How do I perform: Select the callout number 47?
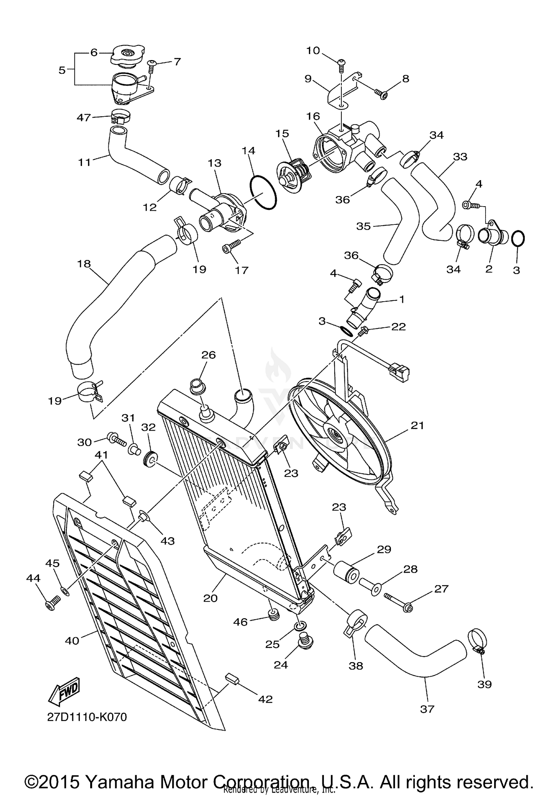coord(83,117)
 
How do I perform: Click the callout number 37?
coord(427,709)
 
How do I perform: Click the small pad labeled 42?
coord(233,679)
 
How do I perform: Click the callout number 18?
coord(84,264)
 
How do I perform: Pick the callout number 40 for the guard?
coord(72,641)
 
